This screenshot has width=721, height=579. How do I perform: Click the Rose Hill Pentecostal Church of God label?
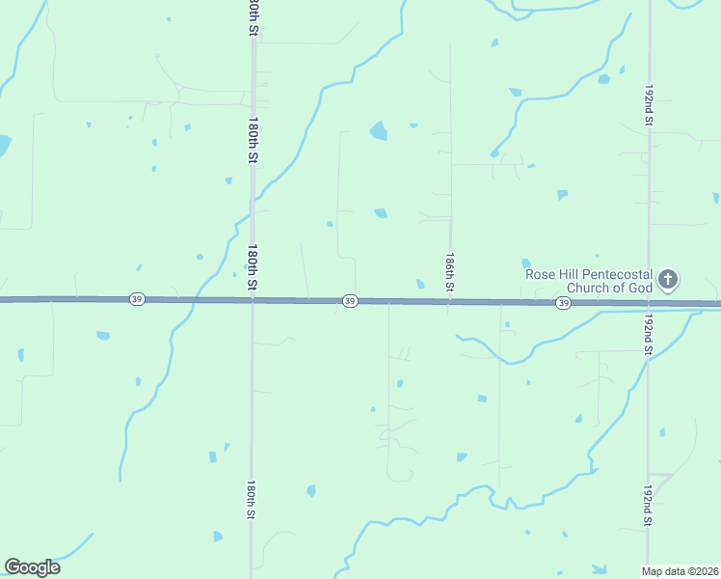pos(589,280)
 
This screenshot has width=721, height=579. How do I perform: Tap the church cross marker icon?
pos(668,281)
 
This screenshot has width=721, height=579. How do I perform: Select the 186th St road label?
pos(449,274)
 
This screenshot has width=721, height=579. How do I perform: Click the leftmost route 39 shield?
pos(138,300)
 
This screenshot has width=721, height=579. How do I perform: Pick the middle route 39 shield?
pos(350,302)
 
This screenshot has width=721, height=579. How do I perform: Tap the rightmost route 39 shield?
pos(563,303)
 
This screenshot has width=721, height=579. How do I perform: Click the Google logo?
pos(32,567)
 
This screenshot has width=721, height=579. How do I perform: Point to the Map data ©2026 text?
pos(681,571)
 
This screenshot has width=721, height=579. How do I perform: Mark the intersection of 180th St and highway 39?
pos(253,300)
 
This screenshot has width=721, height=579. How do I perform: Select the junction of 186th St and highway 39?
pos(449,302)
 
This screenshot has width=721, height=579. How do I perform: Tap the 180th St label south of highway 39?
pos(251,500)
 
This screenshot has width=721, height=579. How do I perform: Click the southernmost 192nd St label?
pos(649,508)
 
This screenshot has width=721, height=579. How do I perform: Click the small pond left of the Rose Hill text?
pos(525,262)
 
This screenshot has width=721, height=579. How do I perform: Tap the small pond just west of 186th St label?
pos(420,284)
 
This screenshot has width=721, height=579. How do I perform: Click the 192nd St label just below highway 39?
pos(649,334)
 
